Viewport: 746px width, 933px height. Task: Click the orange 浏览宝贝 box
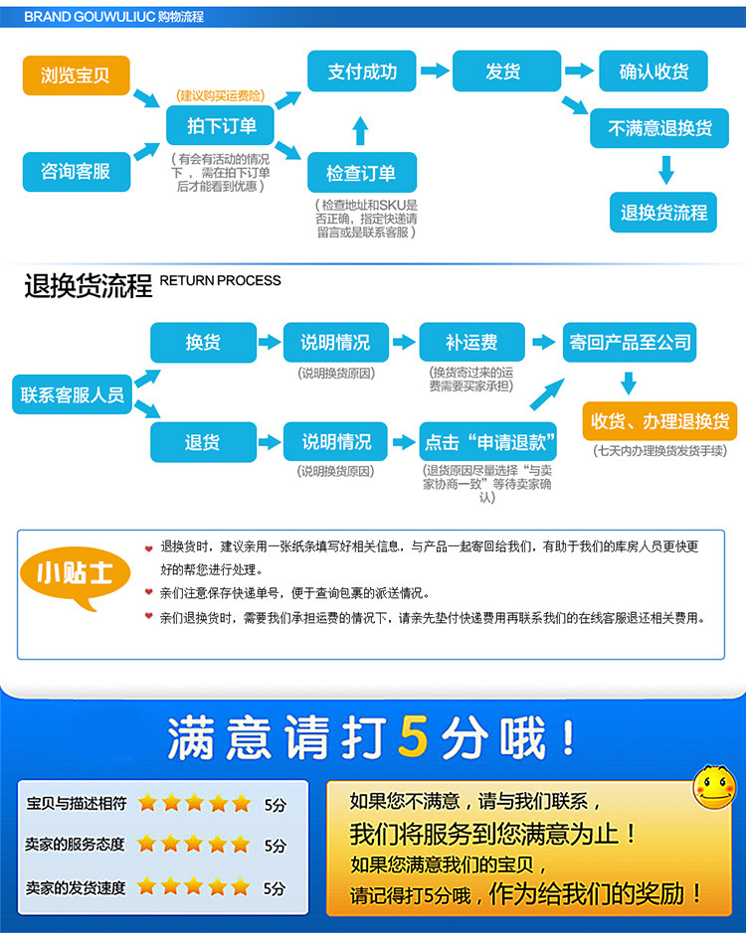pos(76,76)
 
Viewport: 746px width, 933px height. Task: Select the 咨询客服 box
pos(76,171)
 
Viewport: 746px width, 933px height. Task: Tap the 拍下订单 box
pos(221,125)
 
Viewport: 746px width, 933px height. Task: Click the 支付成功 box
pos(361,72)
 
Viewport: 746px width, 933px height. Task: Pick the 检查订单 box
pos(361,173)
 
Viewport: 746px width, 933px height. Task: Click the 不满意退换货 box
pos(660,129)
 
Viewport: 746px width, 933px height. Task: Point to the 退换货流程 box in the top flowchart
pos(663,212)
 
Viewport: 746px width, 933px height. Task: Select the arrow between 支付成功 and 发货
pos(434,72)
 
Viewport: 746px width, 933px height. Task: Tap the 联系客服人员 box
pos(73,394)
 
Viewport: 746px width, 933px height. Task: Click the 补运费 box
pos(471,342)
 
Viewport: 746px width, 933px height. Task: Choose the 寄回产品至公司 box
pos(630,342)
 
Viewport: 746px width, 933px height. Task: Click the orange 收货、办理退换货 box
pos(659,420)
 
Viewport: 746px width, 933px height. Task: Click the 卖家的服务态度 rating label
pos(76,845)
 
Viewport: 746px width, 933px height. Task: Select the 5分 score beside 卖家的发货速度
pos(275,888)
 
